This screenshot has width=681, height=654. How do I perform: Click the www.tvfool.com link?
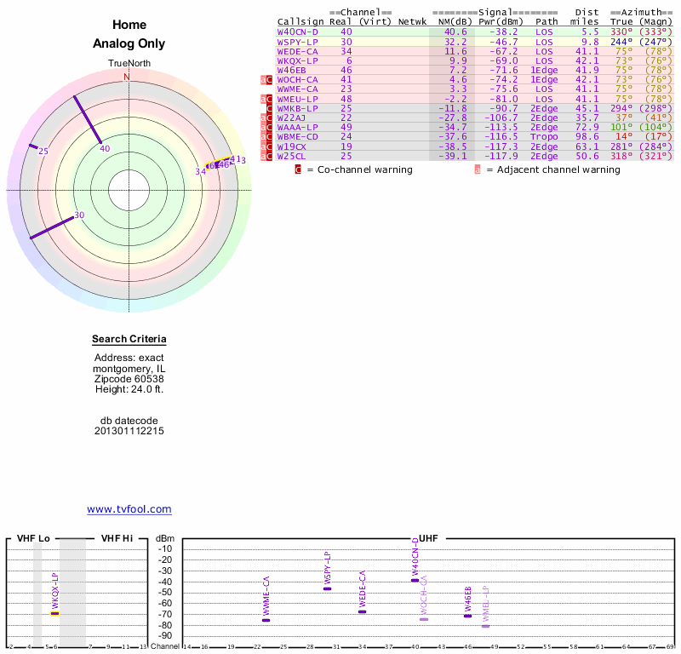tap(129, 509)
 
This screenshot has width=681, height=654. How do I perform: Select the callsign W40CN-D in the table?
tap(297, 32)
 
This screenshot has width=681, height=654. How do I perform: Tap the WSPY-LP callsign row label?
tap(297, 42)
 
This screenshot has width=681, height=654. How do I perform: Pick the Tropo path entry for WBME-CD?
tap(544, 136)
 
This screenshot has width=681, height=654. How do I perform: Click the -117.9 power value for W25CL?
tap(500, 156)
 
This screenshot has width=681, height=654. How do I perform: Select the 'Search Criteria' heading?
tap(129, 340)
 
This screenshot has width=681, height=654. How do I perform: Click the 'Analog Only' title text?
tap(129, 44)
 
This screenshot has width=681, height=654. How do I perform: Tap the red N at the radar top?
tap(127, 77)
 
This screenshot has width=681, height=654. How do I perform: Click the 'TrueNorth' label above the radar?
tap(129, 64)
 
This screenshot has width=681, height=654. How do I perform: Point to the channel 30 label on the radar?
tap(79, 215)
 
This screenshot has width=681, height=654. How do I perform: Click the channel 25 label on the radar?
tap(43, 152)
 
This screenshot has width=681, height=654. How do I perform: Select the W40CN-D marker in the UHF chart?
tap(415, 580)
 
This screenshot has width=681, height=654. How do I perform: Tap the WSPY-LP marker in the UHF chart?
tap(328, 588)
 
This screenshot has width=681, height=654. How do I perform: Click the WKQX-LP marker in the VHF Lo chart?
tap(55, 612)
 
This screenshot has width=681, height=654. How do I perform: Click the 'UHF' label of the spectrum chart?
tap(428, 538)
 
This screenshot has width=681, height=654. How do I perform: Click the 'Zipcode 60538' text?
tap(129, 379)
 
